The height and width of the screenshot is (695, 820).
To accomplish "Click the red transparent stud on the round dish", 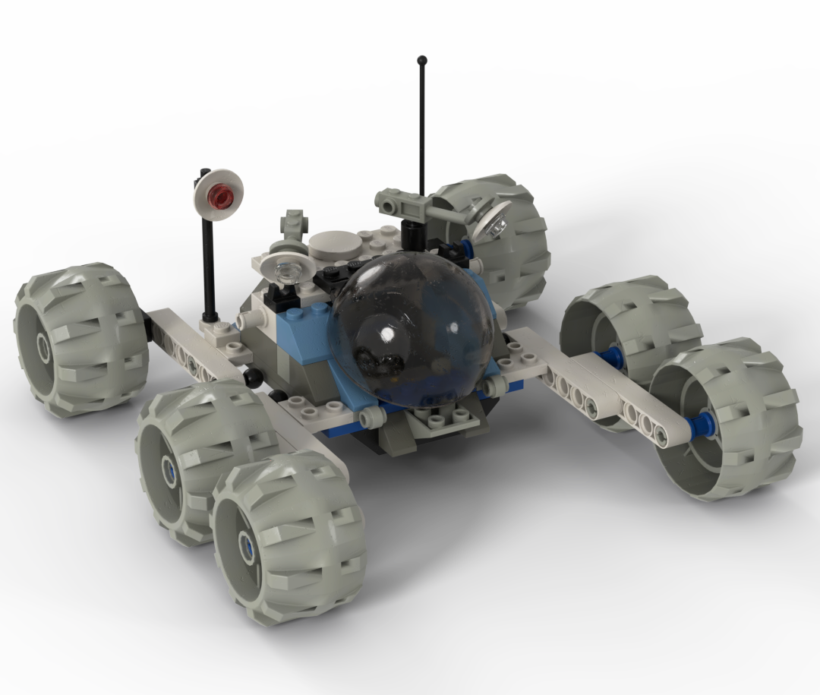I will tap(220, 197).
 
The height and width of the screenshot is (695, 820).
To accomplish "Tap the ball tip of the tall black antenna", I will tap(421, 58).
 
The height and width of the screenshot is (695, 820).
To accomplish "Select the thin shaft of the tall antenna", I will tap(421, 129).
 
